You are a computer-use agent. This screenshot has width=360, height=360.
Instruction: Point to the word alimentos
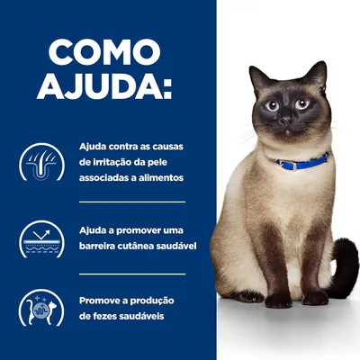tap(157, 177)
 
